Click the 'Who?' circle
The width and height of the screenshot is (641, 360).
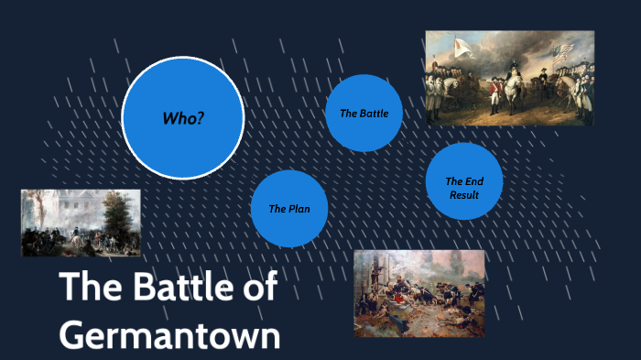click(182, 117)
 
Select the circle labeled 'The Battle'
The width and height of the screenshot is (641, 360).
click(364, 114)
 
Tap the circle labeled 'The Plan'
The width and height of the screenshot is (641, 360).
click(288, 209)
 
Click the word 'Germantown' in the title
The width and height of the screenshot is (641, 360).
click(169, 334)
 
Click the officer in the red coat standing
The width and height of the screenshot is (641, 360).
click(495, 94)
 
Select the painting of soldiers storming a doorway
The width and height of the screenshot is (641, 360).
click(406, 293)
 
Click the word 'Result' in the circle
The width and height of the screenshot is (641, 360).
click(464, 195)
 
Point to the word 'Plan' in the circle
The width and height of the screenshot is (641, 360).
click(299, 209)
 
